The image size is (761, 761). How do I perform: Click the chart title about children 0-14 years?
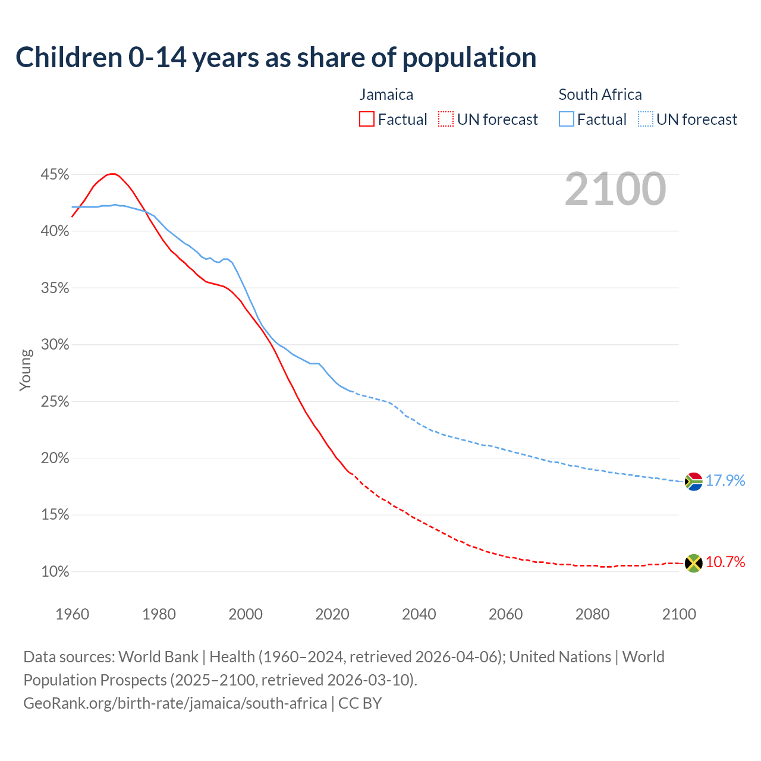(x=276, y=58)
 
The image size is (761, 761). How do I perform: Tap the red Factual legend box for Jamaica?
(x=367, y=119)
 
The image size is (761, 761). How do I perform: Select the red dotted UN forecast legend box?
(x=446, y=119)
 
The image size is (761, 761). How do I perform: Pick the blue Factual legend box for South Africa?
(x=567, y=119)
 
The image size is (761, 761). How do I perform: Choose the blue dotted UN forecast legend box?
(x=646, y=119)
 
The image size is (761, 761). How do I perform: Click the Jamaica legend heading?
(x=386, y=95)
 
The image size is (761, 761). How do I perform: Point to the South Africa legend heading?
(x=600, y=95)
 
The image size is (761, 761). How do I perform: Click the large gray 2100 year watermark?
(x=615, y=189)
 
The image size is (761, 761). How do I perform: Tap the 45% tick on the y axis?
(x=55, y=175)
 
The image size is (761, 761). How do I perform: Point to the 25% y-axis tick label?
(x=55, y=402)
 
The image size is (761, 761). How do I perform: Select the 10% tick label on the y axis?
(x=55, y=572)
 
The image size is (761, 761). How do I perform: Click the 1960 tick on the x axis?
(x=72, y=614)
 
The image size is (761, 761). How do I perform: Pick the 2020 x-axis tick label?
(x=332, y=614)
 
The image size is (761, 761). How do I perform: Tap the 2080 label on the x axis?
(x=592, y=614)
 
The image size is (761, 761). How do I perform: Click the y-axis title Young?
(x=26, y=370)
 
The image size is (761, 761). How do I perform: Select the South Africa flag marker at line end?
(x=694, y=481)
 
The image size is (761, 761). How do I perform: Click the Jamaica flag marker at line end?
(x=694, y=562)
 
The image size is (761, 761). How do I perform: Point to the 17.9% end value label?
(x=725, y=480)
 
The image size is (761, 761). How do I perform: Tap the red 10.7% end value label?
(x=725, y=562)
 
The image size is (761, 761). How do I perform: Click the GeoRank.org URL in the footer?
(x=175, y=703)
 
